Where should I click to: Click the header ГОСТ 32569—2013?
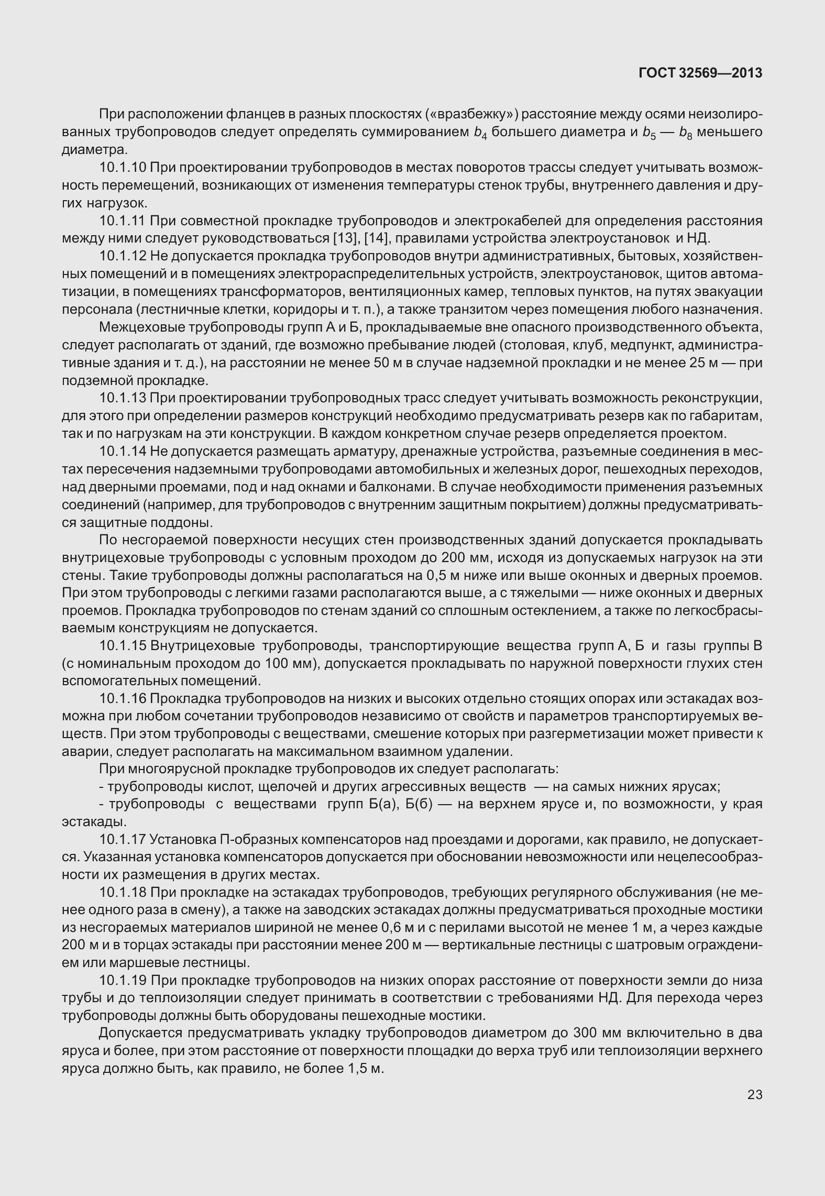click(x=700, y=73)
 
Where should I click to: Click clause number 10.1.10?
click(x=123, y=168)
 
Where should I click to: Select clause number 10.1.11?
click(x=123, y=221)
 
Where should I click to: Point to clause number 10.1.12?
click(x=123, y=256)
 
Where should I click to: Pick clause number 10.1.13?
click(x=123, y=398)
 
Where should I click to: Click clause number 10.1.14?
click(x=123, y=451)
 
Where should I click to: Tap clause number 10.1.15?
click(x=123, y=646)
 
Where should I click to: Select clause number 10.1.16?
click(x=123, y=699)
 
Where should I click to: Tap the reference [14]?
click(x=376, y=238)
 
